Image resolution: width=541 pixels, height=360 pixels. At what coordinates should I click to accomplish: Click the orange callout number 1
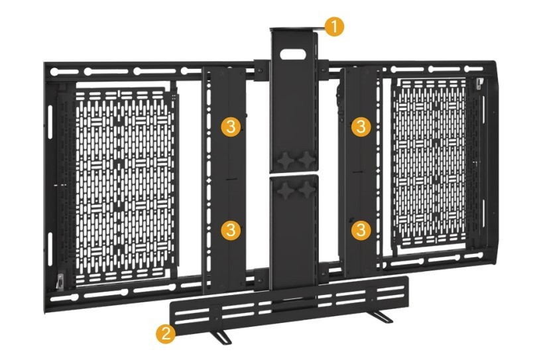335,27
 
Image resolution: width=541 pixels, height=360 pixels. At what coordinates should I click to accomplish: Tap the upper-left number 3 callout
229,127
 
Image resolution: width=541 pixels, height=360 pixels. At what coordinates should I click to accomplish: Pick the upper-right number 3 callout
360,127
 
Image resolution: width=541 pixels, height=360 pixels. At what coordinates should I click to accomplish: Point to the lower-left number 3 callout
229,230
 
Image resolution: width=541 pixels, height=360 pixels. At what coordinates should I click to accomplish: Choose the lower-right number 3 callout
360,230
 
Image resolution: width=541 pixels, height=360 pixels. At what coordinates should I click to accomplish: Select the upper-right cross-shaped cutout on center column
306,159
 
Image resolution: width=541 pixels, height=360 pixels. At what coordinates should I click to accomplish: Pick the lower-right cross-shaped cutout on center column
306,190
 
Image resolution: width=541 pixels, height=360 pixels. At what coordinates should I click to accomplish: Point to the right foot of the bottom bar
383,316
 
